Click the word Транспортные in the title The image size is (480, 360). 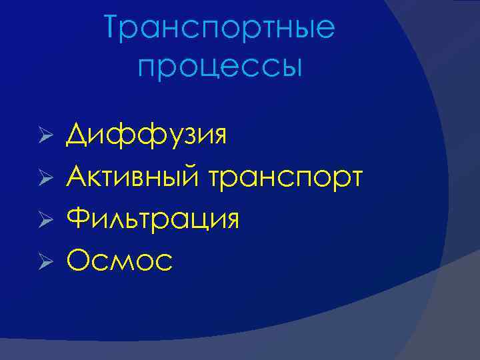click(220, 29)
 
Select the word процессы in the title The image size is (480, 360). click(220, 67)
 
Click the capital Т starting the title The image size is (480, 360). click(114, 28)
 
